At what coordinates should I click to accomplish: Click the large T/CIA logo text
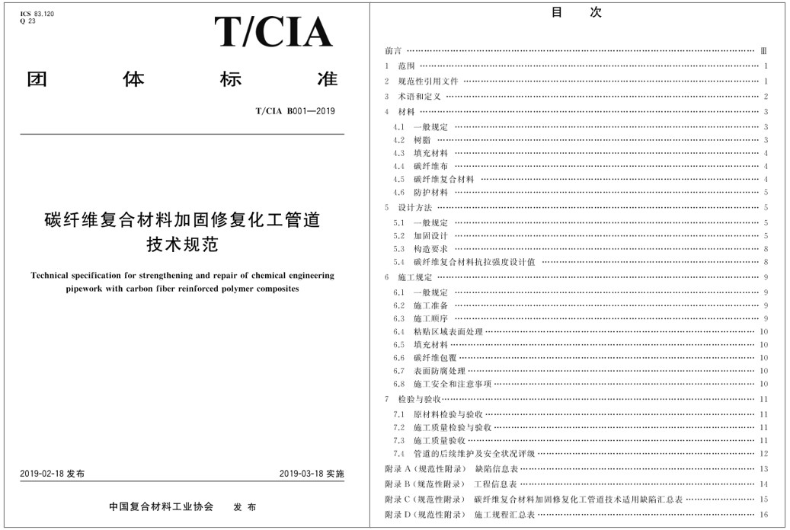coord(273,32)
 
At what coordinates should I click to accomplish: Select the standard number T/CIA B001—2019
coord(295,111)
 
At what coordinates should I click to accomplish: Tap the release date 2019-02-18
coord(43,474)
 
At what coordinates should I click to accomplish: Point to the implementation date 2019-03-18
coord(302,474)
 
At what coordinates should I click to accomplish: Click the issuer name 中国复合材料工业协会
coord(161,507)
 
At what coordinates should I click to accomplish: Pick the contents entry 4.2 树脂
coord(415,140)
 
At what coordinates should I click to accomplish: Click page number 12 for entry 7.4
coord(763,454)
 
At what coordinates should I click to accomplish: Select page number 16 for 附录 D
coord(763,516)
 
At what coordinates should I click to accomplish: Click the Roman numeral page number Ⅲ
coord(764,51)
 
